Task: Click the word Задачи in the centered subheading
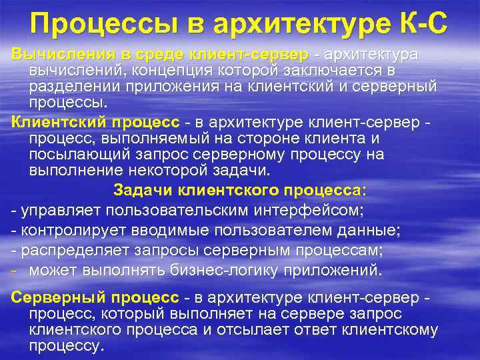(141, 190)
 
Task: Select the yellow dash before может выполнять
(15, 270)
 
